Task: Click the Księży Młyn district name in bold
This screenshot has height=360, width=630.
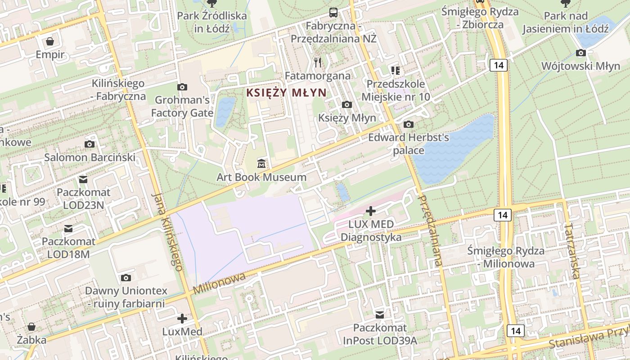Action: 286,93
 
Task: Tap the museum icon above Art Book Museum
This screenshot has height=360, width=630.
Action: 261,163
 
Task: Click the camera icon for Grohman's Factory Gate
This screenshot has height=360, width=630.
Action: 182,87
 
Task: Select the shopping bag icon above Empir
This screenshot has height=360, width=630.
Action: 50,41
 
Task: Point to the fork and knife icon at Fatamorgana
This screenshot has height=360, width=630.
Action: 318,62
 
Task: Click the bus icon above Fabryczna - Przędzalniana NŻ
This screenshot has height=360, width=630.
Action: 333,12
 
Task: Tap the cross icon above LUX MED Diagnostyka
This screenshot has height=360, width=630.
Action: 371,211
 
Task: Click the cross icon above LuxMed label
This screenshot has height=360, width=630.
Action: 182,319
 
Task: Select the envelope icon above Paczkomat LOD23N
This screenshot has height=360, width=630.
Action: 83,180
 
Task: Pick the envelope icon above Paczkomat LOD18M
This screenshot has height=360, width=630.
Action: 68,229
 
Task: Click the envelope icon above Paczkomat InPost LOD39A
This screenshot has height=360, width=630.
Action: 380,314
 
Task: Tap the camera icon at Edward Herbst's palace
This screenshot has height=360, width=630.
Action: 409,124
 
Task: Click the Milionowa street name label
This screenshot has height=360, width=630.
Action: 220,283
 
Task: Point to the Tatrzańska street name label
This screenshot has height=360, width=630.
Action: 572,250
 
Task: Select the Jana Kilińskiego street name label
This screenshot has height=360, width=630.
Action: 167,231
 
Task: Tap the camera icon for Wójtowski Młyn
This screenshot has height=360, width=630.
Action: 580,53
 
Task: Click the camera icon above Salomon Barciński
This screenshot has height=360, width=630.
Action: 90,144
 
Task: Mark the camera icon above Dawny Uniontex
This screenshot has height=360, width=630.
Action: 126,278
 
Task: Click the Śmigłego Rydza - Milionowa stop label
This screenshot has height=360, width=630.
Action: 506,257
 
